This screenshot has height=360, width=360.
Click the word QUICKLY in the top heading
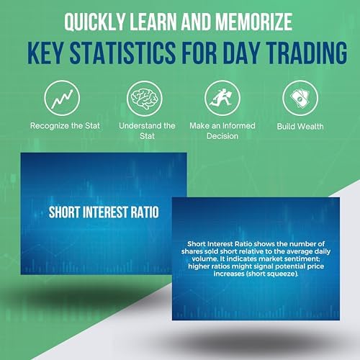pos(94,22)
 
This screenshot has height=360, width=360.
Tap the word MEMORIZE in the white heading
pos(254,22)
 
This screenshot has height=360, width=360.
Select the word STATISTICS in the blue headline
pos(122,53)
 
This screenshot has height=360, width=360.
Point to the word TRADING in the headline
pos(307,53)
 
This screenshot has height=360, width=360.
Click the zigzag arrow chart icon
pos(62,98)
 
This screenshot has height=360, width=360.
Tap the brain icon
pos(145,99)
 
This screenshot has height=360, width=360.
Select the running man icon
pos(222,98)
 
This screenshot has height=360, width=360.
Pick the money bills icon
pos(300,99)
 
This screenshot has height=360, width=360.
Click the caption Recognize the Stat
pos(65,126)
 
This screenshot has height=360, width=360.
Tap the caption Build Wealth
pos(300,127)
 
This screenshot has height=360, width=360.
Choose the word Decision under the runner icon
pos(222,136)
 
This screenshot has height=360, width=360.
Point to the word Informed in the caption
pos(238,126)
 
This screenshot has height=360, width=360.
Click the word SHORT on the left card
pos(64,212)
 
